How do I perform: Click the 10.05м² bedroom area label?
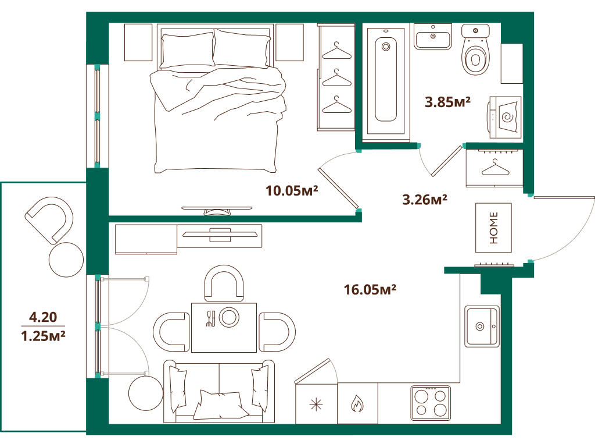(x=292, y=190)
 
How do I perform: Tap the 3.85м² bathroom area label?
(x=447, y=103)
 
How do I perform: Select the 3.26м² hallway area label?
(x=424, y=200)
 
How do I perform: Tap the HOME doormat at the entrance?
(x=493, y=228)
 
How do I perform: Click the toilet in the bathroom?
(x=476, y=53)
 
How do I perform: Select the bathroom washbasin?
(x=433, y=37)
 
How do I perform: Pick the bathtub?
(x=385, y=80)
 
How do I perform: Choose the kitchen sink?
(x=482, y=326)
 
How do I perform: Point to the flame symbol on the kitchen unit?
(x=357, y=403)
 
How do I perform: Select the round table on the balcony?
(x=67, y=260)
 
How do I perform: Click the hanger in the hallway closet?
(x=494, y=168)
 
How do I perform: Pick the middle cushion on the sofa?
(x=219, y=404)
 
